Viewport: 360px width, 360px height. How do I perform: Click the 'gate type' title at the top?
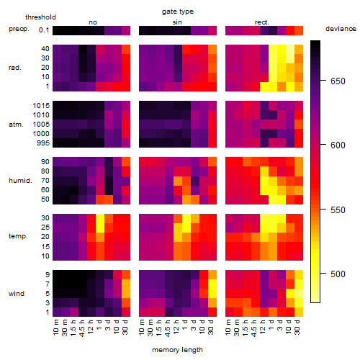pos(178,12)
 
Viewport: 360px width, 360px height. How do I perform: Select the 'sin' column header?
pos(177,22)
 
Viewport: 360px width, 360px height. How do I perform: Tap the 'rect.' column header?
pos(261,22)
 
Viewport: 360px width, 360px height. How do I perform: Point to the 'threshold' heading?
pos(40,17)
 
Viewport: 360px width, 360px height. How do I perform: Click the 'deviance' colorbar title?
pos(341,29)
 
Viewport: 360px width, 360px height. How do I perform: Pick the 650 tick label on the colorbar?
pos(338,81)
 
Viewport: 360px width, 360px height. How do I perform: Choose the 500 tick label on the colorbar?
pos(338,274)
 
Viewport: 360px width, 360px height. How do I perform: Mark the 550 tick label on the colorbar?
pos(338,210)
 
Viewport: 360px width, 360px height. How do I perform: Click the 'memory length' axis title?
pos(177,350)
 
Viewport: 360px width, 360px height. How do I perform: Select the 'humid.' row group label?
pos(20,181)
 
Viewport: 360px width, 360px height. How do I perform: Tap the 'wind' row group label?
pos(17,294)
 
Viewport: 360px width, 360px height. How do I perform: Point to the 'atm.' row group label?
pos(16,125)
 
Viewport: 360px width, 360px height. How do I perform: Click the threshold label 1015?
pos(41,105)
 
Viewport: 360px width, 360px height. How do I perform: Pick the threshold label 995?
pos(43,143)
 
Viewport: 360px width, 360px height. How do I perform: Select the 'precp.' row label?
pos(19,29)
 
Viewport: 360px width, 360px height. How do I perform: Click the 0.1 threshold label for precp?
pos(44,30)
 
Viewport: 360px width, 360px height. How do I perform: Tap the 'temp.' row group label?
pos(18,236)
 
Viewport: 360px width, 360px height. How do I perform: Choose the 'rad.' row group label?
pos(15,68)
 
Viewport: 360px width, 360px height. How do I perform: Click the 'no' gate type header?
pos(93,22)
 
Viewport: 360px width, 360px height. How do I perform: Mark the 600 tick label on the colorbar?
pos(338,145)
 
